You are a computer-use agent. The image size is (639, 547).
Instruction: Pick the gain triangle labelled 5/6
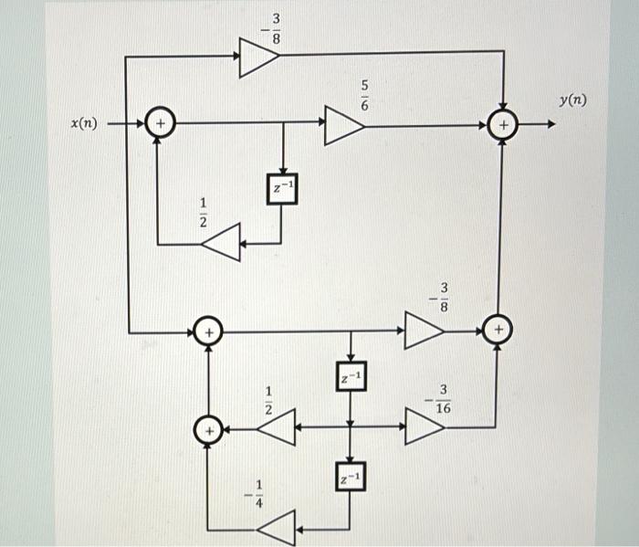tap(342, 126)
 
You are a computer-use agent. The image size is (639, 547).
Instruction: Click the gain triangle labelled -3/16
tap(422, 426)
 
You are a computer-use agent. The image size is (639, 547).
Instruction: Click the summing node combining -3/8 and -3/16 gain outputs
tap(498, 329)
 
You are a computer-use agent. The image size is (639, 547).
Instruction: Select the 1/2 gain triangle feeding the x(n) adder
tap(222, 244)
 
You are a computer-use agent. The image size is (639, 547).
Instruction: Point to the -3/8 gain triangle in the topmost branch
tap(257, 58)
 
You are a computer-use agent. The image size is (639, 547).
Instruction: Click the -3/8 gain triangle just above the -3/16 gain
tap(422, 330)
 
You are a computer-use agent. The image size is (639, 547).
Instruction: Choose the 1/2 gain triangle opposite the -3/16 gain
tap(278, 426)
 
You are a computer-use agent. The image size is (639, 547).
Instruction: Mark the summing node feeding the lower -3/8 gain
tap(209, 331)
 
